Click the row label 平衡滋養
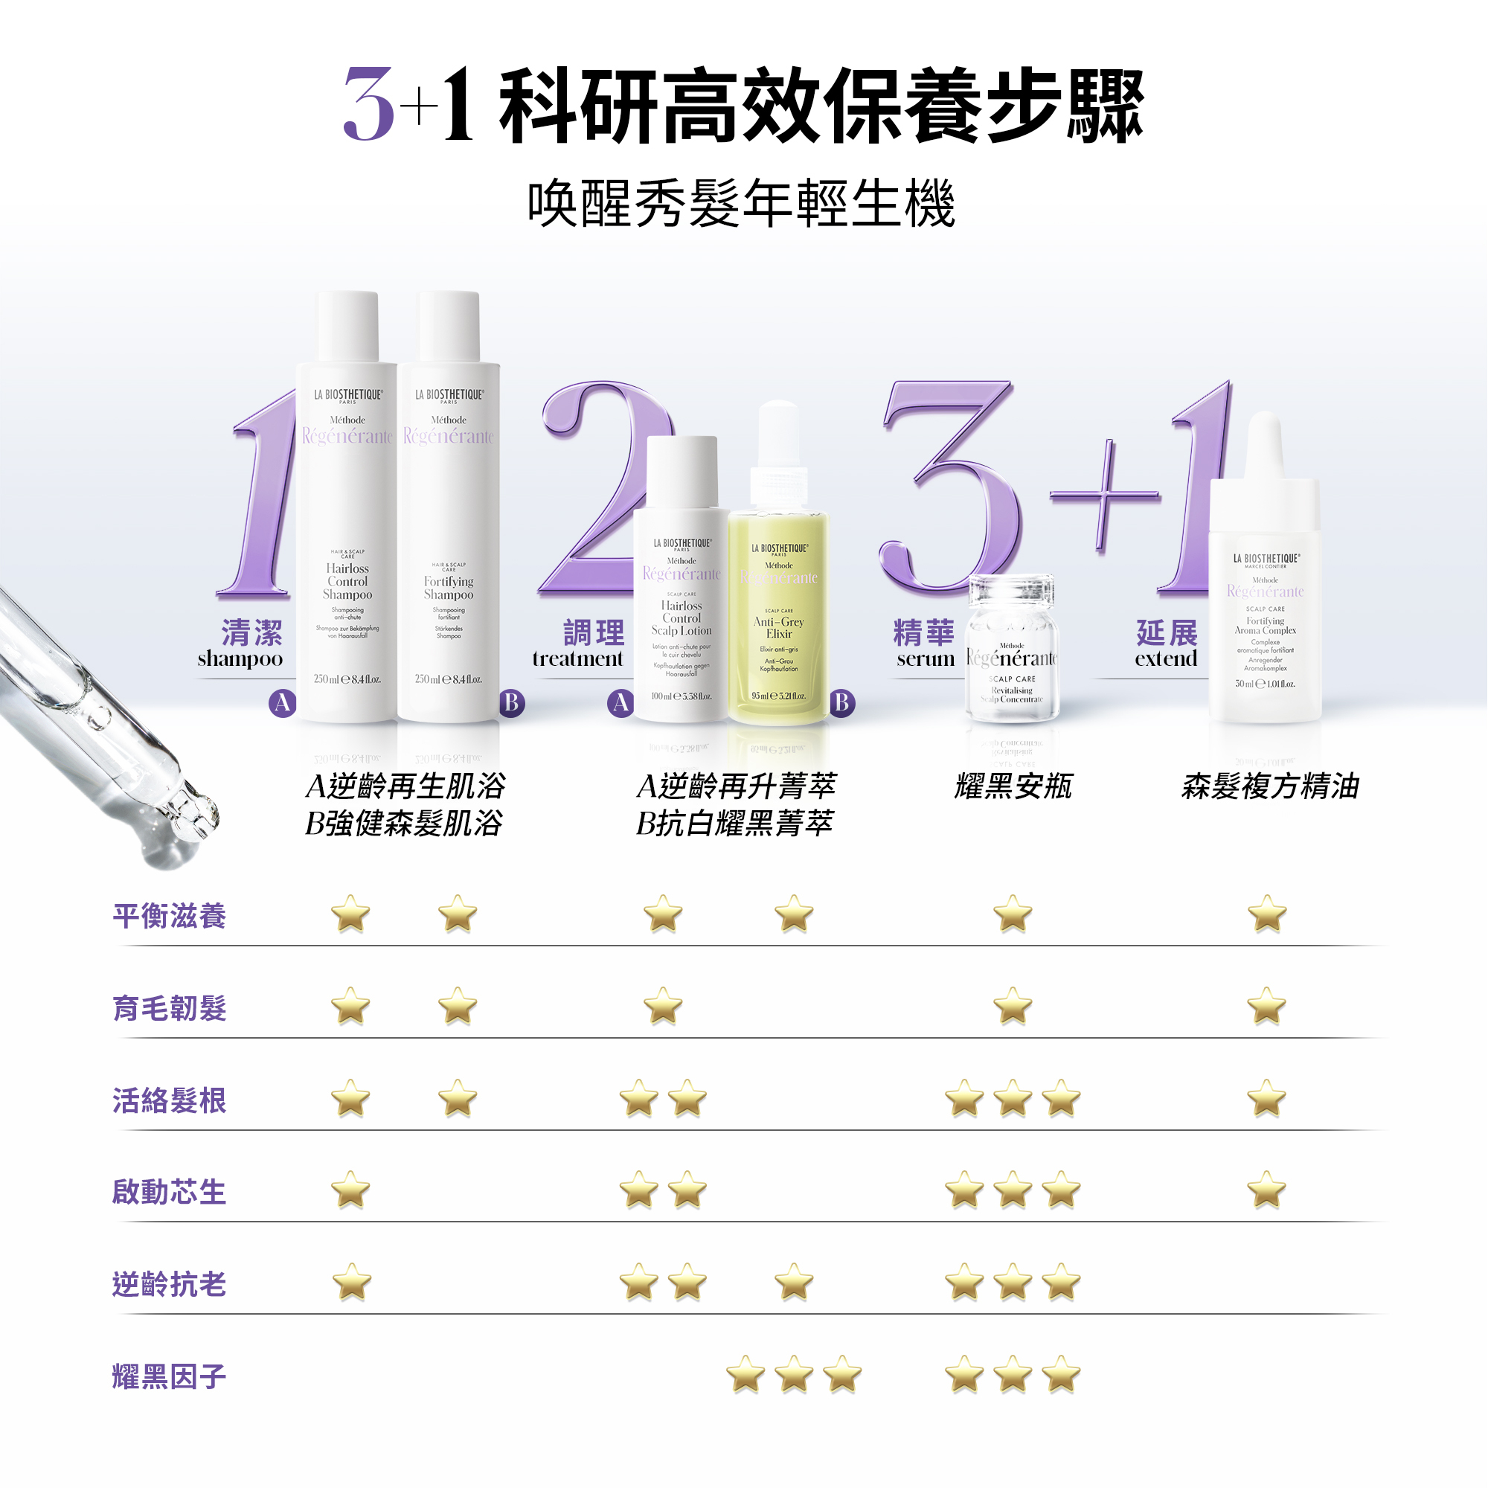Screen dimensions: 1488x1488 coord(170,916)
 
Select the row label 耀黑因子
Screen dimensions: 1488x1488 coord(170,1376)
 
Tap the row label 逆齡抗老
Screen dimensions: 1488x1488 coord(170,1284)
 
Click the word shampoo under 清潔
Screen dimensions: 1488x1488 coord(240,659)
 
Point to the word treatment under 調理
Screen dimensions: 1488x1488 coord(577,659)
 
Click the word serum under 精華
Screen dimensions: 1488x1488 coord(926,659)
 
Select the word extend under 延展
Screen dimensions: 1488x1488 coord(1166,659)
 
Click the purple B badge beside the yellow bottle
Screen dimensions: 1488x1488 coord(841,702)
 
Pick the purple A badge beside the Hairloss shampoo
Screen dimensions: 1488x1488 coord(283,702)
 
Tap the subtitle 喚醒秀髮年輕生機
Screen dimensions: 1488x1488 coord(742,205)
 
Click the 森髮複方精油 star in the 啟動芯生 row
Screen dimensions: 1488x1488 coord(1267,1190)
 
